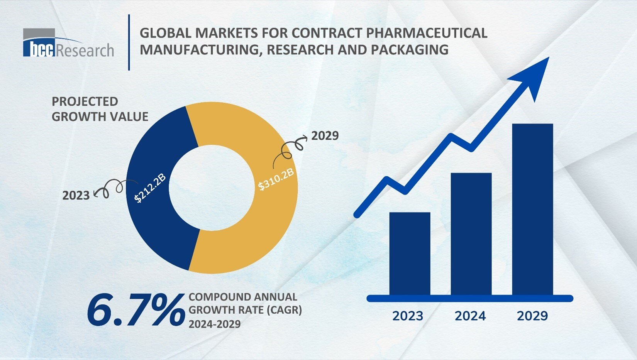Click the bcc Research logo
(x=68, y=44)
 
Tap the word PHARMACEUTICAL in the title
(x=426, y=33)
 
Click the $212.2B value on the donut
(x=150, y=188)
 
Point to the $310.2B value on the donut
(x=276, y=179)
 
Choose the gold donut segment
(x=255, y=232)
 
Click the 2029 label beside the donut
(x=325, y=136)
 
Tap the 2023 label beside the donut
(x=76, y=196)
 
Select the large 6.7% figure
(x=135, y=309)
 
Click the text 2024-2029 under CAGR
(x=214, y=324)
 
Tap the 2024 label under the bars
(x=470, y=316)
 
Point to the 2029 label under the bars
(x=532, y=316)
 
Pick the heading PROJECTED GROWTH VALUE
(x=100, y=109)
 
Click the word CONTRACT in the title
(x=327, y=33)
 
